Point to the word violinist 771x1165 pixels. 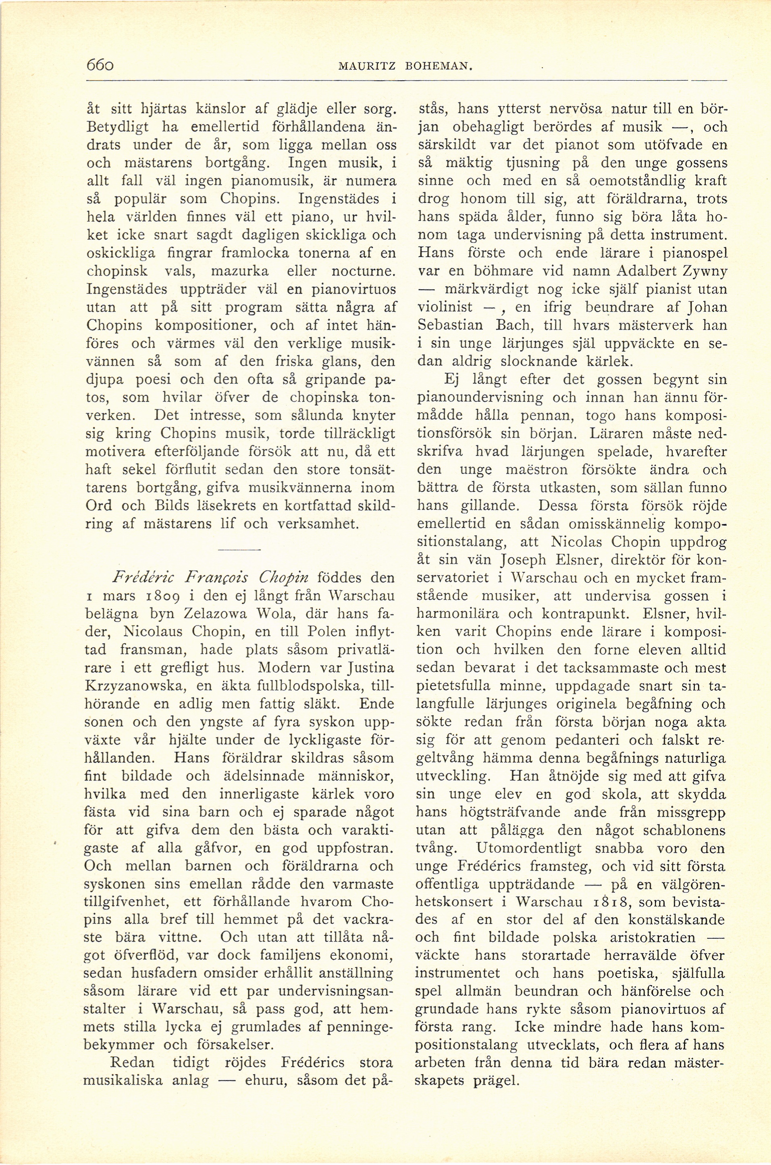click(x=445, y=307)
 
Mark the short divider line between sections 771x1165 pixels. click(x=239, y=549)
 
